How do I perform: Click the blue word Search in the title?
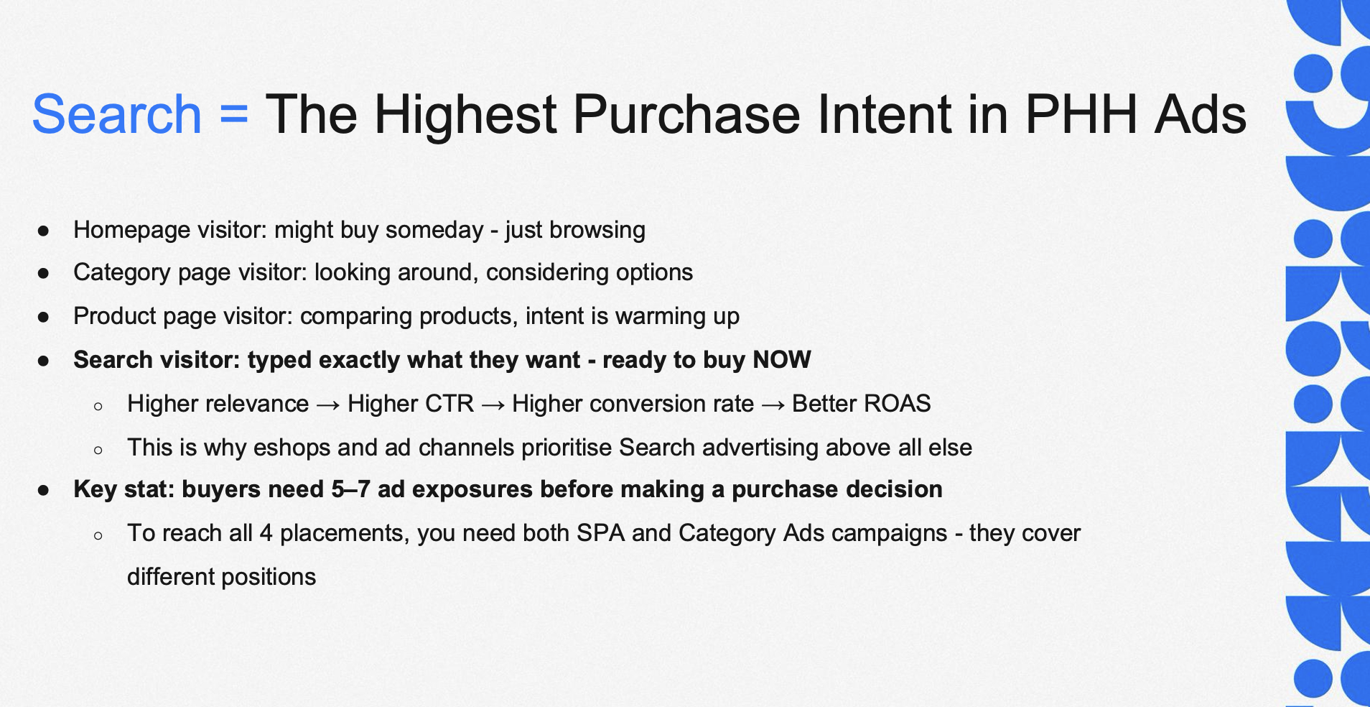pos(117,114)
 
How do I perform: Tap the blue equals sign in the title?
pos(234,115)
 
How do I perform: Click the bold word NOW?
pos(782,359)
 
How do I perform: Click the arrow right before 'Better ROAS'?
pos(773,405)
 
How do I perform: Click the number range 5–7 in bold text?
pos(350,489)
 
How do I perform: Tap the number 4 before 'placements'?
pos(266,533)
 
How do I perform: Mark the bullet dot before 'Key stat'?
pos(44,490)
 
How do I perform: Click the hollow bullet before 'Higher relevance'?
pos(98,406)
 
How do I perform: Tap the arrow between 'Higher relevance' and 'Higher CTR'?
pos(328,405)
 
